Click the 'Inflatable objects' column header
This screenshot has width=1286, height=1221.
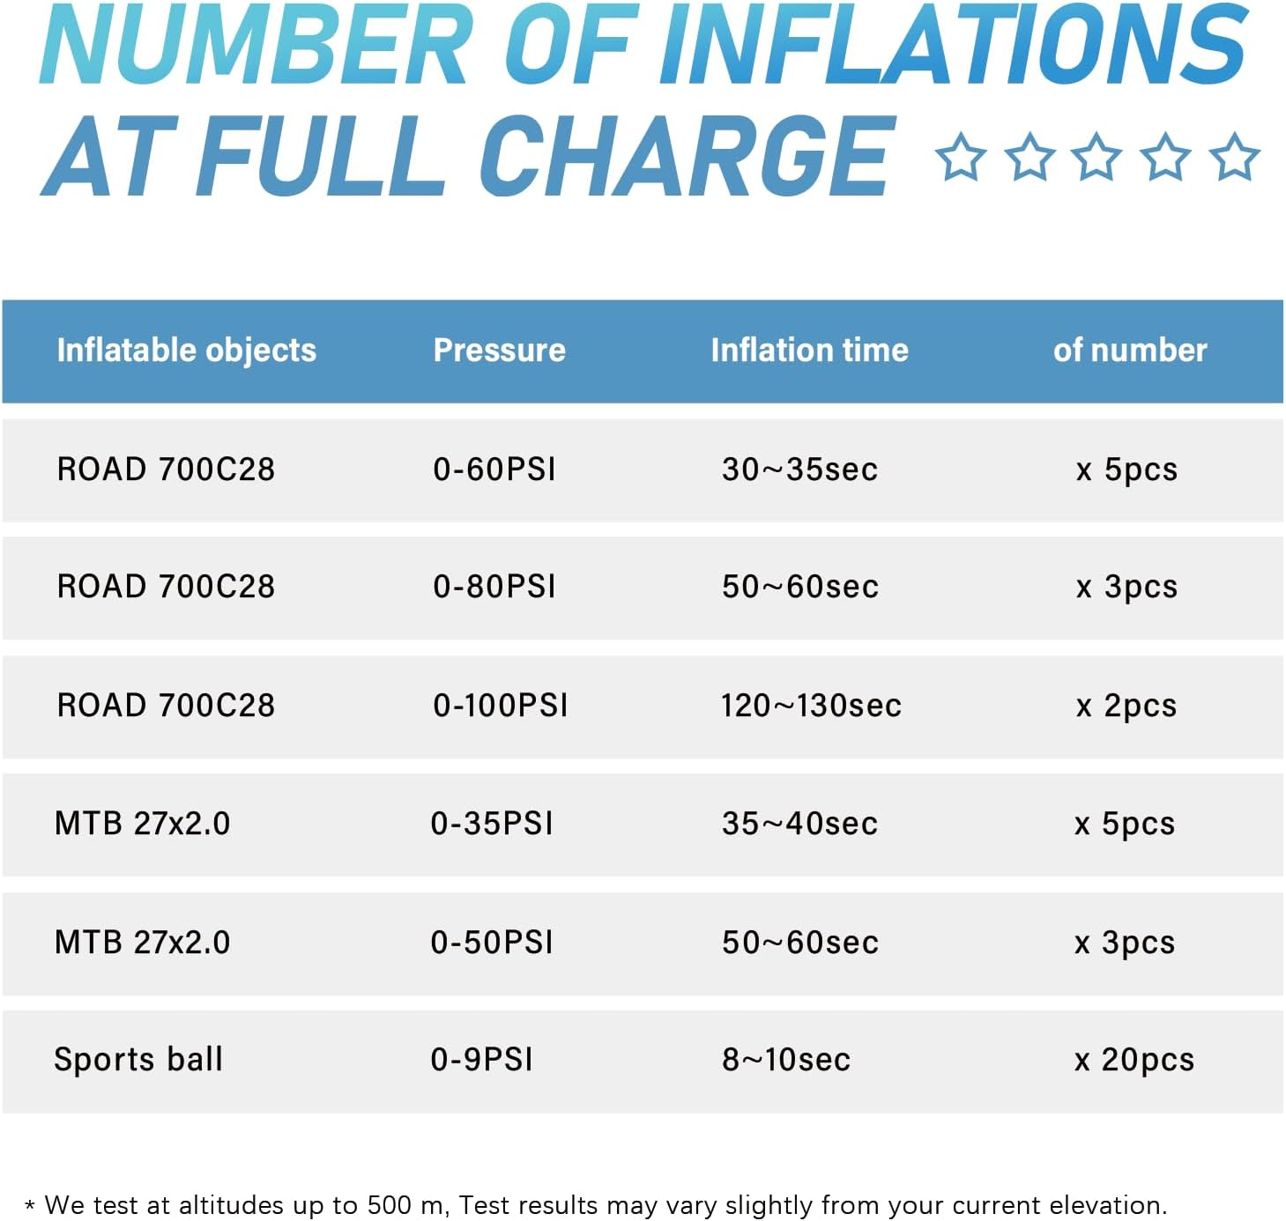(x=186, y=350)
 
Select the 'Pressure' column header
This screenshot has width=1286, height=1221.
(x=499, y=350)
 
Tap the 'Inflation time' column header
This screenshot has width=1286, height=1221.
(x=809, y=350)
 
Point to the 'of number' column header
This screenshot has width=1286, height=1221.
(x=1129, y=350)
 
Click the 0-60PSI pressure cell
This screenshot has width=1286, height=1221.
(x=494, y=469)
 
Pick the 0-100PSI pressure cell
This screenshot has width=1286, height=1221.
(x=501, y=705)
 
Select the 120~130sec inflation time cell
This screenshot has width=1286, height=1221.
(x=811, y=705)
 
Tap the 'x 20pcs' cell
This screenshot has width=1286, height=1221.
(x=1134, y=1059)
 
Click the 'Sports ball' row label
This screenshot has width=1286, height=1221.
(x=138, y=1059)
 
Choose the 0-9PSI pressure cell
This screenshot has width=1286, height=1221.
(x=481, y=1059)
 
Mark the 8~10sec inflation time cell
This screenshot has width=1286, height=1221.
(x=786, y=1059)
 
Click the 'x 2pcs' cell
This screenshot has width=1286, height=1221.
(x=1126, y=705)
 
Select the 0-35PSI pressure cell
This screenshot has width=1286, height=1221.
(x=492, y=823)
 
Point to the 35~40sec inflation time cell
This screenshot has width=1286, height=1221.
(x=799, y=823)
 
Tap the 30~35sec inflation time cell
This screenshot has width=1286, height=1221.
(x=799, y=469)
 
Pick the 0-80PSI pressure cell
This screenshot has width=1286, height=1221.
(x=494, y=586)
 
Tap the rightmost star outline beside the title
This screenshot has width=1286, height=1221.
(x=1234, y=157)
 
